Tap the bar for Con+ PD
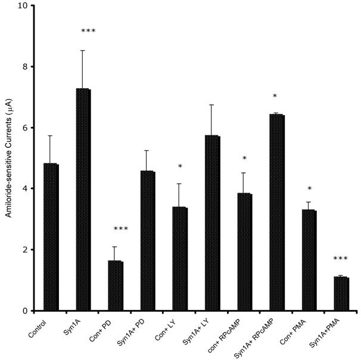pyautogui.click(x=116, y=285)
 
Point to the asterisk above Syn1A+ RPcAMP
pyautogui.click(x=275, y=97)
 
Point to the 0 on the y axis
pyautogui.click(x=26, y=311)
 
